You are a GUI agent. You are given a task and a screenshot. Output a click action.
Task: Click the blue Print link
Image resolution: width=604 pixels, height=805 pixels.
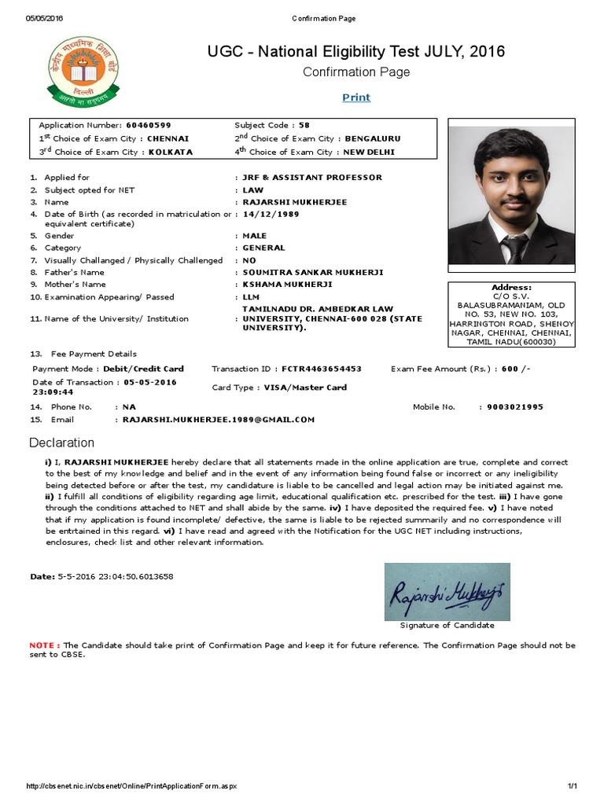(356, 97)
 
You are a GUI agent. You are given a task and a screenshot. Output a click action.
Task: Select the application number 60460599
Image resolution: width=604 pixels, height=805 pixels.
(149, 125)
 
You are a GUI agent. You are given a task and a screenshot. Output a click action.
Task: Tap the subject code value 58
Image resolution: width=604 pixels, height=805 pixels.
(304, 125)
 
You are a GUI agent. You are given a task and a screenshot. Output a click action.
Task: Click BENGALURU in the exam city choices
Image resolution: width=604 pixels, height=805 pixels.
(364, 138)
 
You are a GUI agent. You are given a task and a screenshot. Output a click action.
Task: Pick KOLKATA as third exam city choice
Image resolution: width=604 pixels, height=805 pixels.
(170, 153)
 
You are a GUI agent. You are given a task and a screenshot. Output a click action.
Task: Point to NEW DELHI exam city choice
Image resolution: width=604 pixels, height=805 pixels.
(366, 153)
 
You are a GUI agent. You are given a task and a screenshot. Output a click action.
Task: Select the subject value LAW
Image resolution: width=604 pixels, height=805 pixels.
(253, 190)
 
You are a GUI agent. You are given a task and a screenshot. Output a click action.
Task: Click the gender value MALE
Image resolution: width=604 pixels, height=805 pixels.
(255, 236)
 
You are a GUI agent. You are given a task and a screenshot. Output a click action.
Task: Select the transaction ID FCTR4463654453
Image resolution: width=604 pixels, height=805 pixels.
(322, 369)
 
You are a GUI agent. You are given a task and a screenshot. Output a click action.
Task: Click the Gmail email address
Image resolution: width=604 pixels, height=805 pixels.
(218, 420)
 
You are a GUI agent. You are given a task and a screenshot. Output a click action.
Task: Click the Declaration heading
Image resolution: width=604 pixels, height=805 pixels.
(61, 443)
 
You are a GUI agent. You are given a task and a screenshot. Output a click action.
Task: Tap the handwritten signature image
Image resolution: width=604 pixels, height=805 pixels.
(447, 591)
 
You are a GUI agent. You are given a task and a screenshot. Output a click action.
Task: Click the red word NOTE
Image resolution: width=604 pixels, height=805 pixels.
(44, 645)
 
